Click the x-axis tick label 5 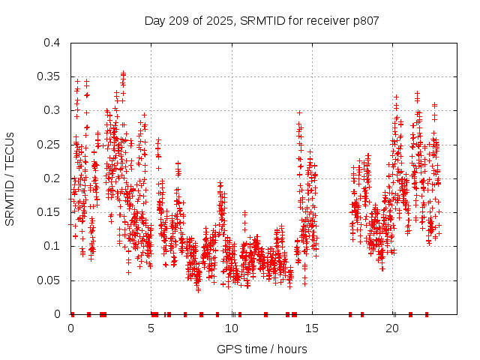pyautogui.click(x=151, y=329)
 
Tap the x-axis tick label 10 pyautogui.click(x=232, y=329)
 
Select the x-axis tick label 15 pyautogui.click(x=312, y=329)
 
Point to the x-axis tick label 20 pyautogui.click(x=393, y=329)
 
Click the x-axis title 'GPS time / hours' pyautogui.click(x=262, y=349)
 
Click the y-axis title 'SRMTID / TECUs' pyautogui.click(x=10, y=178)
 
